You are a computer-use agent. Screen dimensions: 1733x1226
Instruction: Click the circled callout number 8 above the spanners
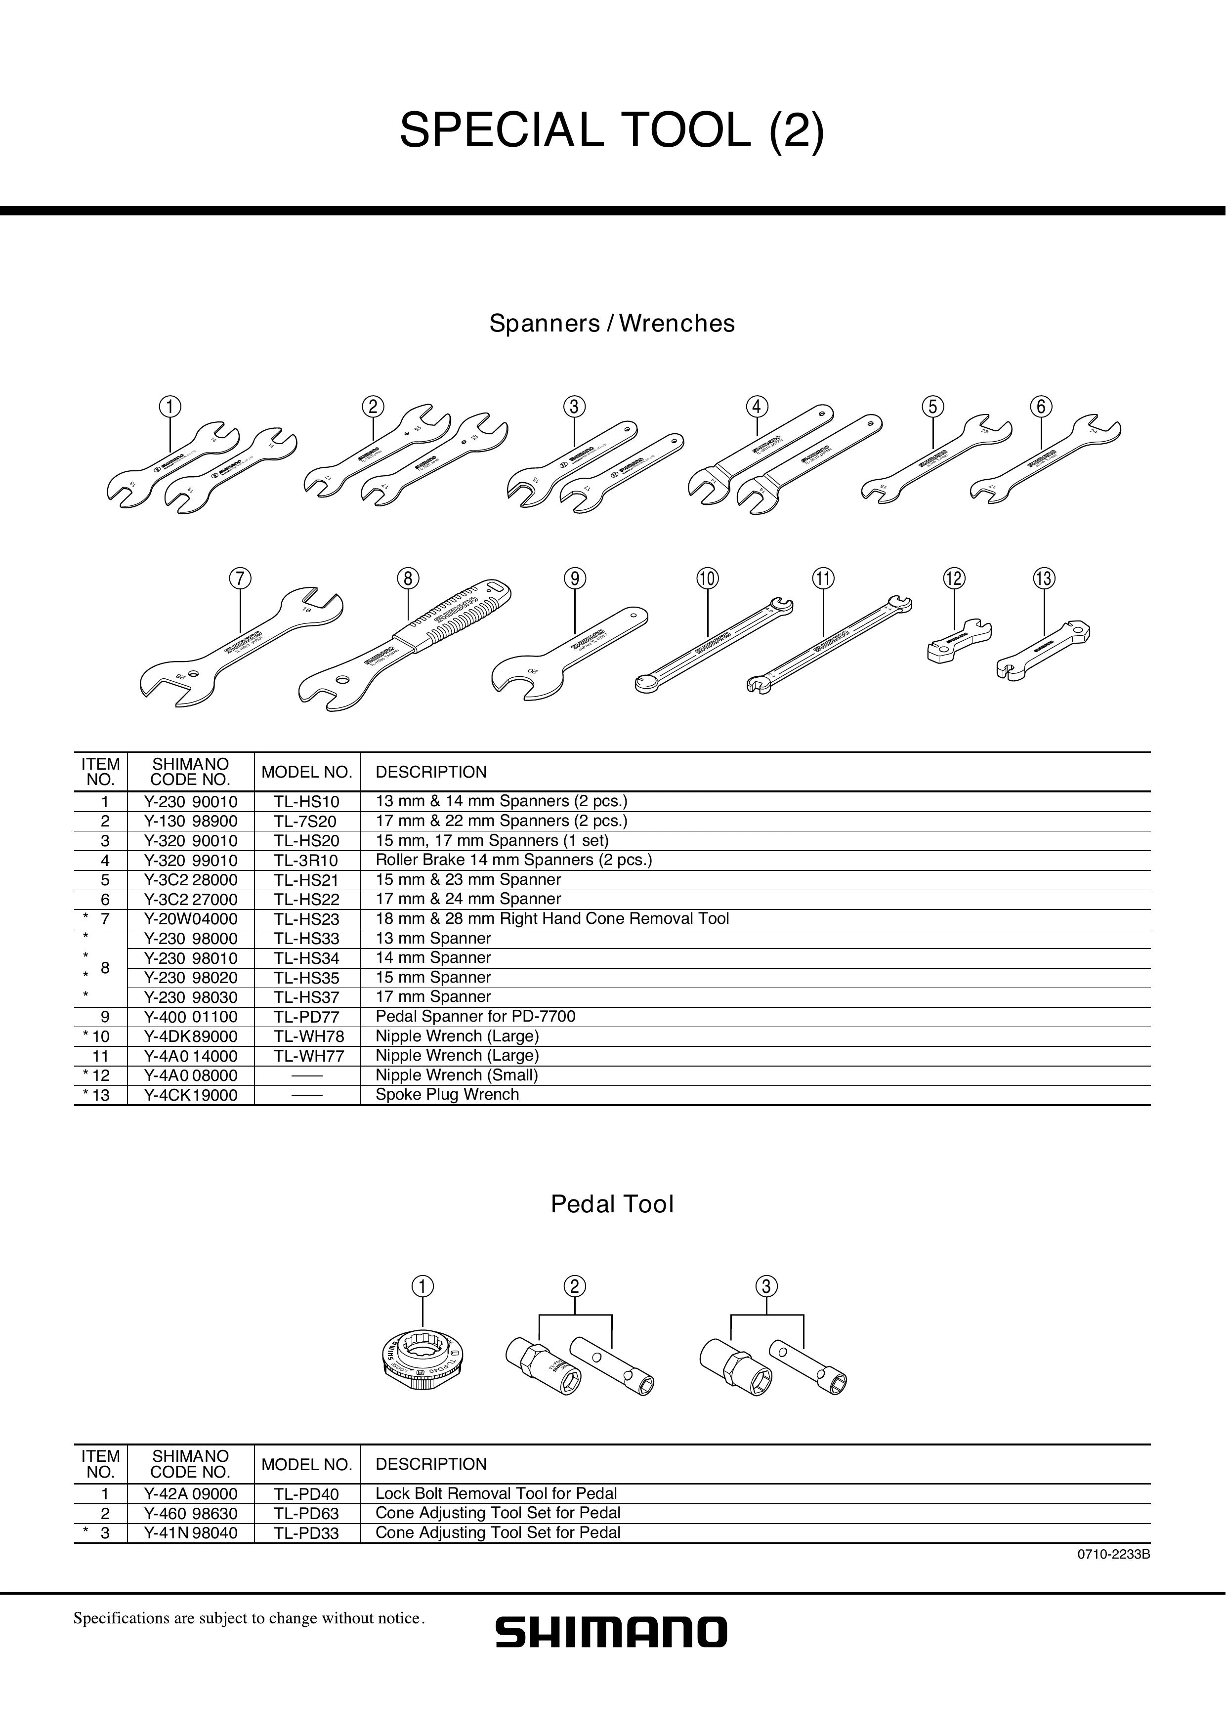point(408,579)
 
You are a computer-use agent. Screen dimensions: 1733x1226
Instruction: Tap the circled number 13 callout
point(1044,579)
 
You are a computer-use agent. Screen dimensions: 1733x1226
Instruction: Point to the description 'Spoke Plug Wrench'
point(447,1094)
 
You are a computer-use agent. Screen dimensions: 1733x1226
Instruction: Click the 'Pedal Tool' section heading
point(611,1204)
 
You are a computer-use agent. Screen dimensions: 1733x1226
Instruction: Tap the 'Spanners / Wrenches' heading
point(611,323)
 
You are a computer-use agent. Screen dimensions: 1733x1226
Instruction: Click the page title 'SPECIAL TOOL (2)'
point(611,130)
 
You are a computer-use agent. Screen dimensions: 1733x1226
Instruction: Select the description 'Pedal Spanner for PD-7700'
point(475,1017)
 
